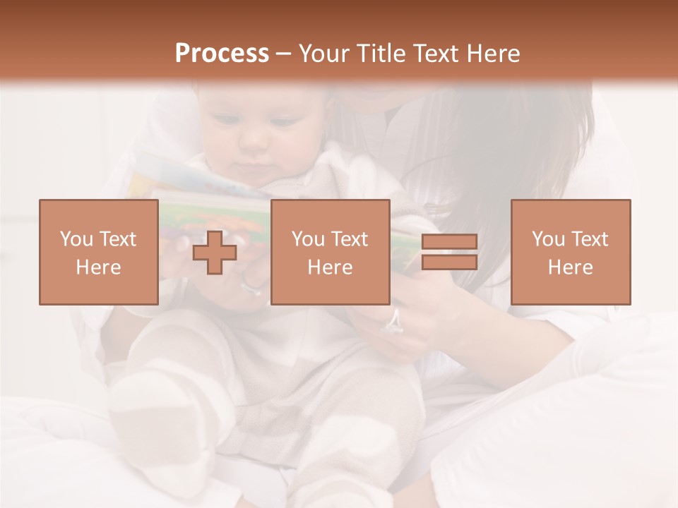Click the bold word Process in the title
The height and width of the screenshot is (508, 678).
click(222, 54)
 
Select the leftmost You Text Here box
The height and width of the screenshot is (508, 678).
click(98, 252)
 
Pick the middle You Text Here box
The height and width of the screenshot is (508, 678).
click(330, 252)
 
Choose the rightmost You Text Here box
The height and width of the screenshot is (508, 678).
click(570, 252)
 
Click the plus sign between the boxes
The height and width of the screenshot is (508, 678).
click(215, 253)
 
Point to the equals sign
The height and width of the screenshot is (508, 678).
click(449, 252)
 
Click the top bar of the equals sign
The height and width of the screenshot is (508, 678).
click(449, 242)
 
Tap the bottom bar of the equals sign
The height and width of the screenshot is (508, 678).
click(449, 262)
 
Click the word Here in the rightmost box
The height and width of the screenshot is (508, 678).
click(570, 267)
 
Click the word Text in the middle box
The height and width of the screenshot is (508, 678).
click(348, 239)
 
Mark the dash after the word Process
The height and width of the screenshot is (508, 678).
click(283, 54)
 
